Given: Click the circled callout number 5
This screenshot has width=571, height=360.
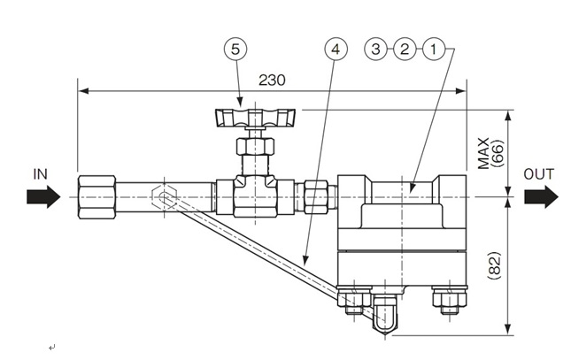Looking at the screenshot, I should pyautogui.click(x=235, y=50).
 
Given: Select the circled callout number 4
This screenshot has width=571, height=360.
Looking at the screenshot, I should pyautogui.click(x=334, y=50).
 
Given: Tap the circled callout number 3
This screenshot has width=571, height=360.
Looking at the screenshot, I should pyautogui.click(x=377, y=50).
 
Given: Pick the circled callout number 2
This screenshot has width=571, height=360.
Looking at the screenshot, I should pyautogui.click(x=405, y=50).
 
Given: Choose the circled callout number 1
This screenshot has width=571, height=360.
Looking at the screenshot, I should pyautogui.click(x=432, y=50).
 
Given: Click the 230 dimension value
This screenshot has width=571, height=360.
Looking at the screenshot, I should pyautogui.click(x=272, y=80).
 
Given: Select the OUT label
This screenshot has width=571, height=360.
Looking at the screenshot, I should pyautogui.click(x=538, y=174).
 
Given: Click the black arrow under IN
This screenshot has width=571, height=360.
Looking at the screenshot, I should pyautogui.click(x=42, y=195).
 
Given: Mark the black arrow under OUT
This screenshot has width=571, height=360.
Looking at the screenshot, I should pyautogui.click(x=540, y=195).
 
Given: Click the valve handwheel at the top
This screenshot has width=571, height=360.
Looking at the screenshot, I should pyautogui.click(x=248, y=116).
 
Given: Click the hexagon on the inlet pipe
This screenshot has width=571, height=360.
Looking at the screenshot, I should pyautogui.click(x=165, y=195).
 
